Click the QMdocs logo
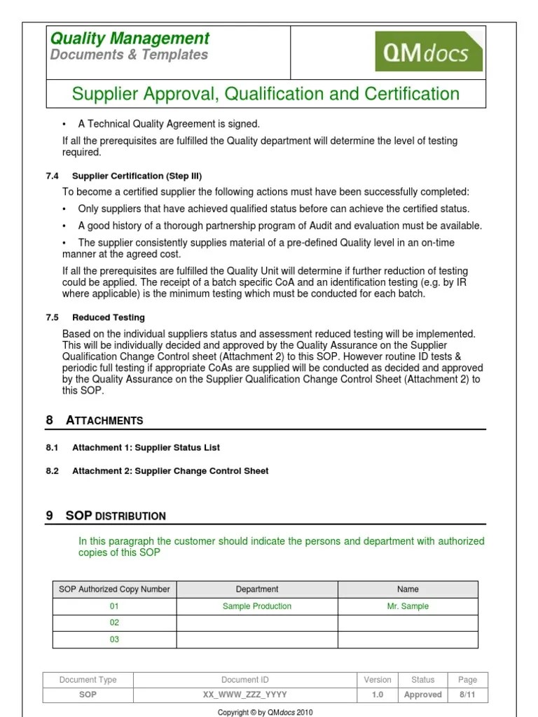[x=429, y=52]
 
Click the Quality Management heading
[x=130, y=39]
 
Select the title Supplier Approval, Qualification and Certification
[x=266, y=94]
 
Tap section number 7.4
[x=52, y=176]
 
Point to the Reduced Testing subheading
[x=109, y=317]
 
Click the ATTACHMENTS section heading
[x=104, y=420]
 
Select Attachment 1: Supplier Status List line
[x=146, y=447]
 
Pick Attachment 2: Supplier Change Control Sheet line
[x=170, y=471]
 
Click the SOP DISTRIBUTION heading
[x=116, y=516]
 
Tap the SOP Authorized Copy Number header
[x=114, y=590]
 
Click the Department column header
[x=257, y=590]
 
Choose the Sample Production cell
[x=257, y=606]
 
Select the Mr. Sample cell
[x=408, y=606]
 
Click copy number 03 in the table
[x=114, y=639]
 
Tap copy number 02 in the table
[x=114, y=622]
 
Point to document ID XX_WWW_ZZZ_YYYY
[x=244, y=695]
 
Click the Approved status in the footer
[x=423, y=695]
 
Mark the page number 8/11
[x=467, y=695]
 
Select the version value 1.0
[x=378, y=695]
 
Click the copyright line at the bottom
[x=265, y=712]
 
